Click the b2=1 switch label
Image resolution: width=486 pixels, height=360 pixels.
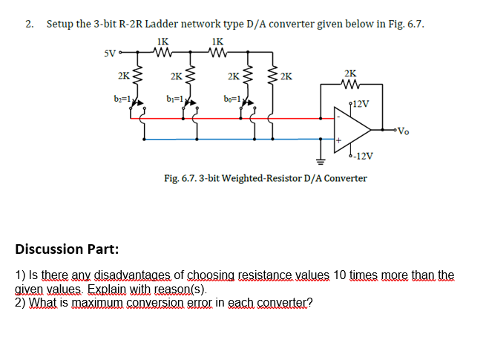click(122, 99)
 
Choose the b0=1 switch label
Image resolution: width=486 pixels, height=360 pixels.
click(231, 99)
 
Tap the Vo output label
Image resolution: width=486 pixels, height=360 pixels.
click(401, 133)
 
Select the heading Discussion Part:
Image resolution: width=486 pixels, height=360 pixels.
click(66, 248)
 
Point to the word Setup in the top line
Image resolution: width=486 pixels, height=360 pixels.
click(60, 24)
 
